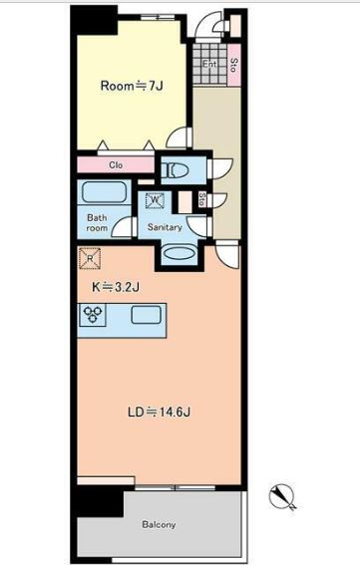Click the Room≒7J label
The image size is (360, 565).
coord(132,86)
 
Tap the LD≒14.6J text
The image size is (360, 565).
coord(159,412)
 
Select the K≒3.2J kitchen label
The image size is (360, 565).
coord(116,287)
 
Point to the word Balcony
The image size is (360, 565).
coord(159,524)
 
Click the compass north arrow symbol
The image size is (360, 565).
coord(282,497)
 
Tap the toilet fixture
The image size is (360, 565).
coord(175,170)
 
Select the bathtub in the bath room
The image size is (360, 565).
coord(105,192)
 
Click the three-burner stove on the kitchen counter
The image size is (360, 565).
coord(93,315)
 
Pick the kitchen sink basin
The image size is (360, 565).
coord(146,315)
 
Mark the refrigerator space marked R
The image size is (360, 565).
coord(90,258)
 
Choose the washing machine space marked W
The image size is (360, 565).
coord(156,200)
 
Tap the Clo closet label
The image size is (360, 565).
coord(116,165)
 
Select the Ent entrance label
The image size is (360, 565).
coord(208,64)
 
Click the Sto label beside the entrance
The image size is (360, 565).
coord(233,65)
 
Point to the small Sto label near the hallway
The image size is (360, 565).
coord(202,199)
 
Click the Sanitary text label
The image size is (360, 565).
coord(165,227)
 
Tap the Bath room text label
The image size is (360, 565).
coord(97,222)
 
